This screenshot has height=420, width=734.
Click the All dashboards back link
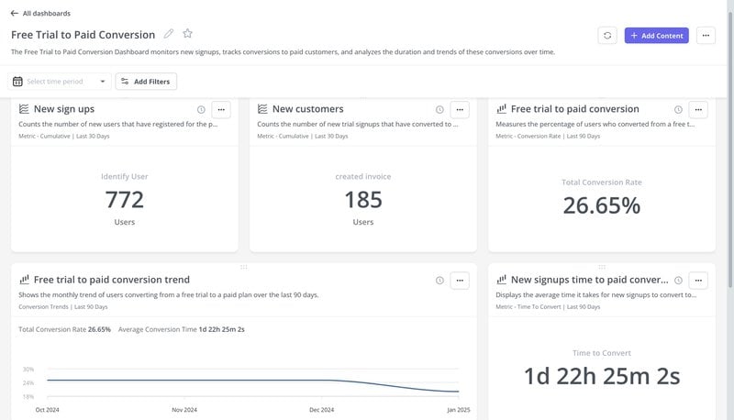(40, 14)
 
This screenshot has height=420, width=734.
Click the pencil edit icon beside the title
(169, 34)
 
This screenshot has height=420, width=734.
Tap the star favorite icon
(187, 34)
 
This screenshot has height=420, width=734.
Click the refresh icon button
(607, 36)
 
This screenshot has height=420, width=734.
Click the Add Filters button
(146, 82)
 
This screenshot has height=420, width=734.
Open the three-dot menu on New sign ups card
(221, 109)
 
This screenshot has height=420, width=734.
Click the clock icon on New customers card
(439, 109)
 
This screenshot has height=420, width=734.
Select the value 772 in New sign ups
(125, 199)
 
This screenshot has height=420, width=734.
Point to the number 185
(363, 199)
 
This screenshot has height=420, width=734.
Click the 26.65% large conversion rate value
(602, 204)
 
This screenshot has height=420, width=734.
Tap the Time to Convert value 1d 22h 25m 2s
(602, 375)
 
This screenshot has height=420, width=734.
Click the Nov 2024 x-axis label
(184, 410)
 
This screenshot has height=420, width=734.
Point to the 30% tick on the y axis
(28, 369)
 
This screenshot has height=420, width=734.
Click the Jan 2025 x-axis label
(458, 410)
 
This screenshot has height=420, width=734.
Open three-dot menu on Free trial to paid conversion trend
(460, 280)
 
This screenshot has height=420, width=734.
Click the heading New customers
(307, 109)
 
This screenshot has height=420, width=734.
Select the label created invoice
(363, 176)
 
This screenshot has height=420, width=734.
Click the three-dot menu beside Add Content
(705, 36)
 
